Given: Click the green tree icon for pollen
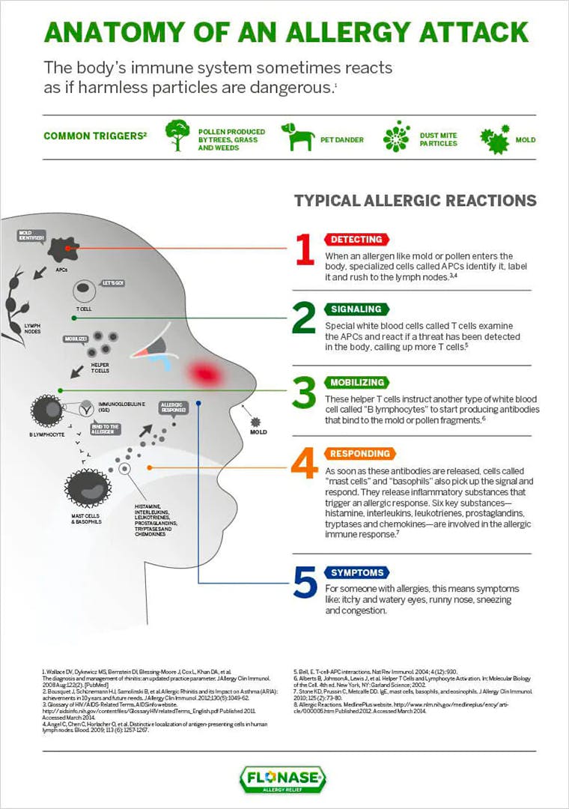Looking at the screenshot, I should coord(177,136).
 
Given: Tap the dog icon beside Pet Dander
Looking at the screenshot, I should coord(297,137).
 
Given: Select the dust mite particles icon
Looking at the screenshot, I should coord(396,136).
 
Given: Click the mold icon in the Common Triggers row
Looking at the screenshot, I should coord(495,139).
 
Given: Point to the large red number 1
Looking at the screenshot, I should coord(303,250).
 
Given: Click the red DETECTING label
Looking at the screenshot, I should coord(356,240).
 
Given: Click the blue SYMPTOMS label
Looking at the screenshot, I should coord(356,572).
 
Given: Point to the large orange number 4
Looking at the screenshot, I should coord(304,465).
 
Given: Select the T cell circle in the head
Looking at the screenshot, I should coord(83,292).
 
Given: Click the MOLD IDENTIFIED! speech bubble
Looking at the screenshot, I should coord(32,237).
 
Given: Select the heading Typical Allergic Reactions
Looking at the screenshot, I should coord(415,201).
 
